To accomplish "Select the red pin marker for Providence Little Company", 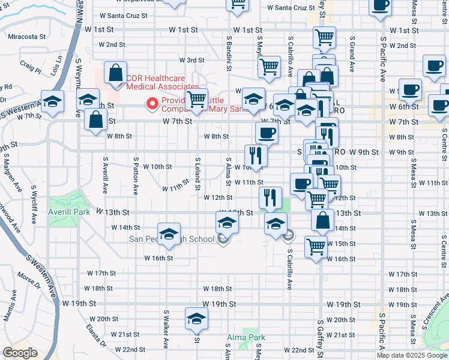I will pos(152,104).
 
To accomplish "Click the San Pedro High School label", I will pos(172,239).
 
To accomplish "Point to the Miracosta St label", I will pos(28,37).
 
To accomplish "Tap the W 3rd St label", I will pos(192,60).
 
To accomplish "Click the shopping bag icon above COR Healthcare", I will pos(115,73).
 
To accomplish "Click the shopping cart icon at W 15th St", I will pos(316,245).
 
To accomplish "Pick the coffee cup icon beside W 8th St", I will pos(267,132).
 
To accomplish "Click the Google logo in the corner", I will pos(20,353).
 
